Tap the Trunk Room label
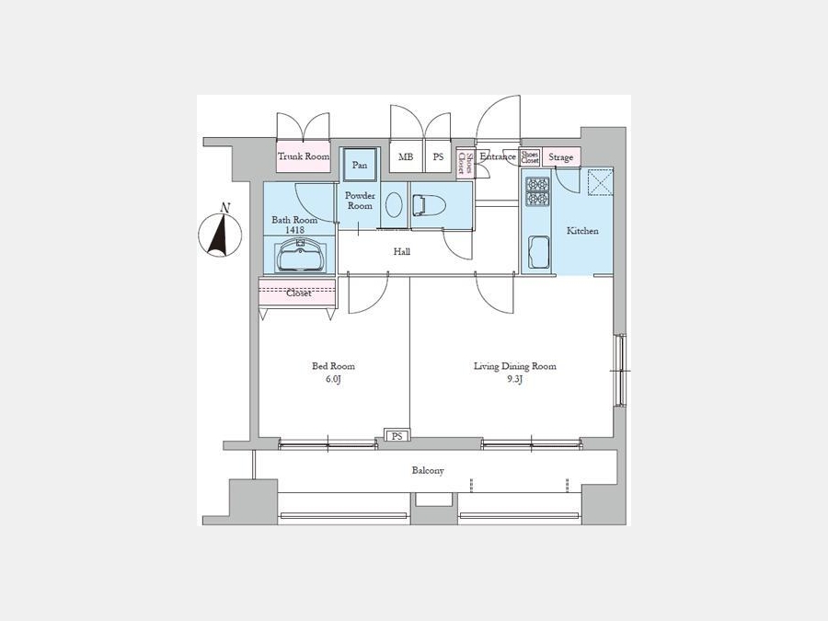coord(304,156)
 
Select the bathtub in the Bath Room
coord(300,255)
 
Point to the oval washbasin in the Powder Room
coord(394,204)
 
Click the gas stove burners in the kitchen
coord(537,191)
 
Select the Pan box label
coord(360,166)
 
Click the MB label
coord(406,156)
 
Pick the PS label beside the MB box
coord(438,156)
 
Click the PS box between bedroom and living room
coord(397,436)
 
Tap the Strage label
coord(560,157)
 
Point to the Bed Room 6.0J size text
coord(333,379)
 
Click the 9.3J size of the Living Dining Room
coord(515,379)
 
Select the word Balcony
coord(428,470)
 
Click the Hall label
coord(402,252)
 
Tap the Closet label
coord(299,293)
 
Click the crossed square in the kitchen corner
coord(601,182)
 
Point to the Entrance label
coord(498,156)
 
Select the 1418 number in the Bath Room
coord(294,230)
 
